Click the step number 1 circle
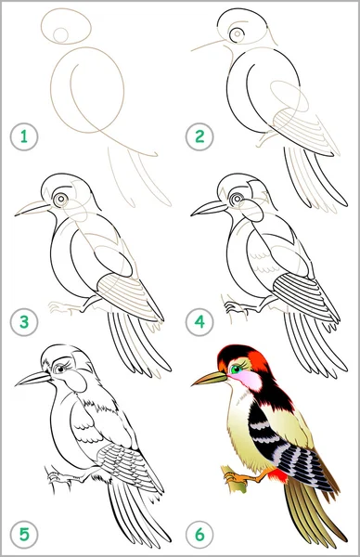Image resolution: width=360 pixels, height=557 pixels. (x=24, y=136)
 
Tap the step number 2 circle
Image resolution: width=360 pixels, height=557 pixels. (x=199, y=136)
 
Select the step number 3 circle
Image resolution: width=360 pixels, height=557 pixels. (x=24, y=322)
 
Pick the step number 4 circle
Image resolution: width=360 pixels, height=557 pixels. (x=199, y=322)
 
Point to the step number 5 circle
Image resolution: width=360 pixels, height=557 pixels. (x=24, y=535)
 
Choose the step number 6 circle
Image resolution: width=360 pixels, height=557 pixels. (x=199, y=535)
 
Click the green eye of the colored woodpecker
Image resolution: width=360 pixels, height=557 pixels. (x=236, y=369)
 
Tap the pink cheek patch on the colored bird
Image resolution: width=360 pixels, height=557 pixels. (x=248, y=380)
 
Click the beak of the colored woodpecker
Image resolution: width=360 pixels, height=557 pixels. (x=210, y=379)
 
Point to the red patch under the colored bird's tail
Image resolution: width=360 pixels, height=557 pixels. (x=279, y=475)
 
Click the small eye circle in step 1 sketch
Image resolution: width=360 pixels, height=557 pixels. (x=60, y=35)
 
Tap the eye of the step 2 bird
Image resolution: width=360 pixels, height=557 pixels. (x=237, y=34)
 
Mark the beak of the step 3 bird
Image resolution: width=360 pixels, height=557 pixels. (x=32, y=208)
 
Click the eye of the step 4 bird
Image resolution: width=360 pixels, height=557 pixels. (x=236, y=200)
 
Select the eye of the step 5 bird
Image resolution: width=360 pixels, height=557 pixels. (x=60, y=369)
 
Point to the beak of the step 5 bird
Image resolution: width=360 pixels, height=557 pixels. (x=32, y=379)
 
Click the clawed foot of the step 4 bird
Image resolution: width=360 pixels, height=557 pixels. (x=234, y=306)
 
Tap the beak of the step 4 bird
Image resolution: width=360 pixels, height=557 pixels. (x=209, y=208)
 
